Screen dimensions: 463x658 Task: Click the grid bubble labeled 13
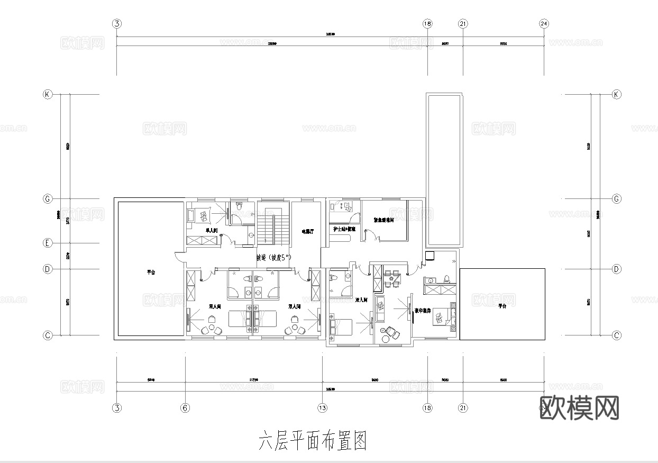(322, 408)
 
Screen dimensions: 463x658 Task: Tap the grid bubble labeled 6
(185, 408)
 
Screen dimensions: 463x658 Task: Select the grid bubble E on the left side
(48, 243)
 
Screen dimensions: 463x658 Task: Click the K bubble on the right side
(616, 95)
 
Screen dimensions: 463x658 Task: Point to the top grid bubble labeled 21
(463, 24)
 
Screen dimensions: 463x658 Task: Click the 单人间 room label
(212, 231)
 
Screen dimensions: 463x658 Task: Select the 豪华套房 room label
(422, 311)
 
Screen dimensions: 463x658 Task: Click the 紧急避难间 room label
(384, 220)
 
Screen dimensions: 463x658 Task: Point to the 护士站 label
(344, 229)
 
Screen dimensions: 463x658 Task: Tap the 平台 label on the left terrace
(151, 273)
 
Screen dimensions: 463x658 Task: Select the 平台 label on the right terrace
(502, 306)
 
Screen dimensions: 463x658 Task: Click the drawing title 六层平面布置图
(312, 440)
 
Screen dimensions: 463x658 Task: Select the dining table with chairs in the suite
(392, 278)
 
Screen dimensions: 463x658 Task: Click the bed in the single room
(202, 215)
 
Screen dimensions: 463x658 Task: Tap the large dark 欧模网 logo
(579, 408)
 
